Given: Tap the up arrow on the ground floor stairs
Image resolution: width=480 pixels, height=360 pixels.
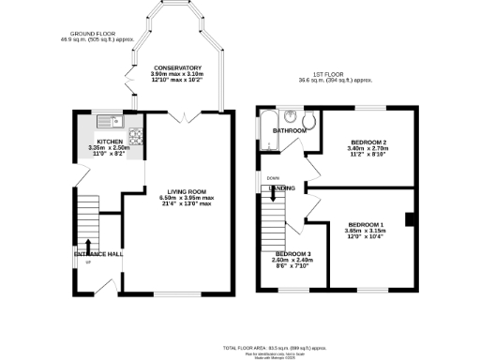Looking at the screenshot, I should pyautogui.click(x=89, y=247).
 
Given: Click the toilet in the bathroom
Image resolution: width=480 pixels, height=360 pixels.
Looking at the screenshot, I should pyautogui.click(x=311, y=119).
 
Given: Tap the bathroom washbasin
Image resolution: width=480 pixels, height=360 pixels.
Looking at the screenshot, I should pyautogui.click(x=292, y=117).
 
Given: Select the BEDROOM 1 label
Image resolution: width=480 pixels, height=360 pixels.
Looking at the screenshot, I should pyautogui.click(x=367, y=225).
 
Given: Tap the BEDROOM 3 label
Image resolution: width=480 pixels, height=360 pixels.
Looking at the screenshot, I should pyautogui.click(x=292, y=254).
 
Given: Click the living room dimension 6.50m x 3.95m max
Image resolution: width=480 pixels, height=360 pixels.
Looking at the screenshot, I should pyautogui.click(x=187, y=198).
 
